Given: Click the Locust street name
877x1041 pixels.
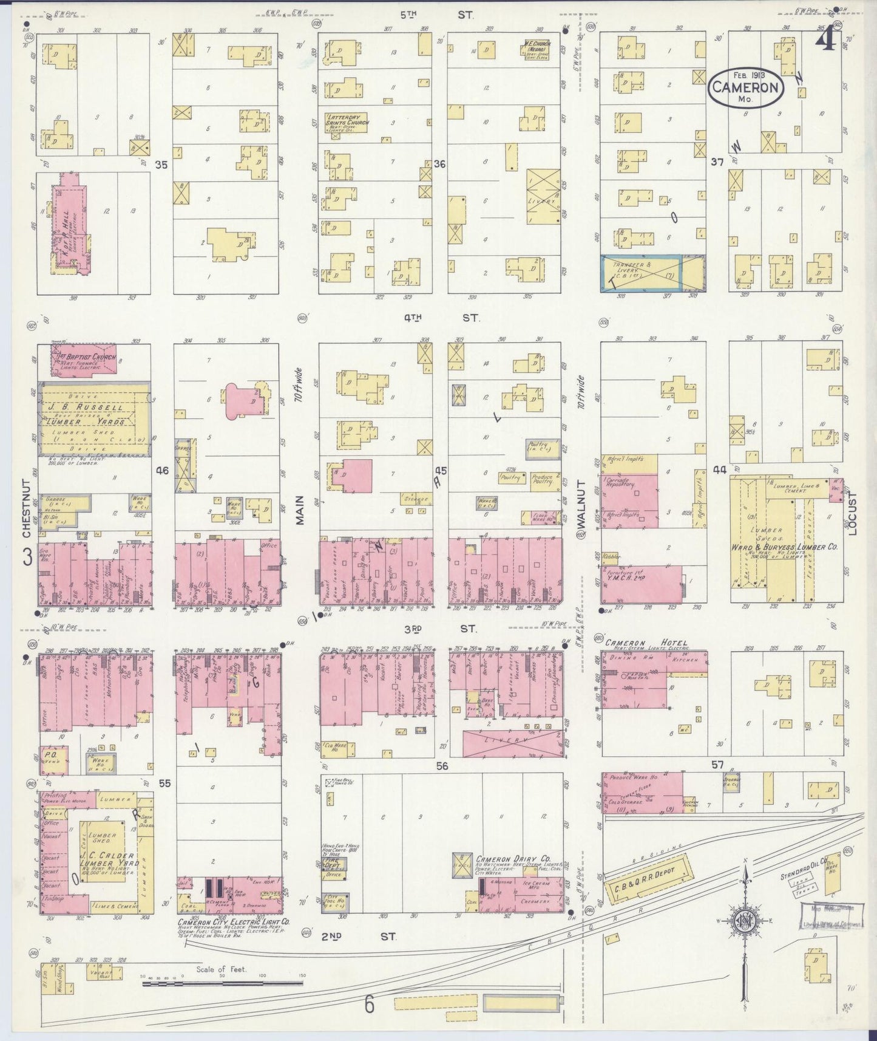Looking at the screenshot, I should [x=852, y=514].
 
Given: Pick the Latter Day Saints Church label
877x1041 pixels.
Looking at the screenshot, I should [x=348, y=119].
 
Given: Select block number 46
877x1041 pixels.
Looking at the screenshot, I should [x=161, y=470].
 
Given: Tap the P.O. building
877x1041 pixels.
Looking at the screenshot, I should [x=52, y=759].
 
